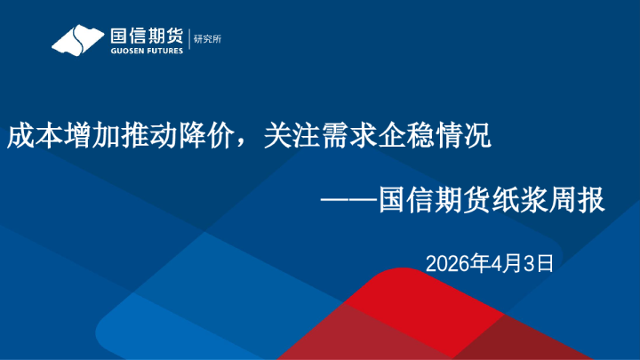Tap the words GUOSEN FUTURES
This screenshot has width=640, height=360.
pyautogui.click(x=147, y=51)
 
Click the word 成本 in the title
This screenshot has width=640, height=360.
pyautogui.click(x=28, y=137)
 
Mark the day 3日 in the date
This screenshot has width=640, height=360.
pyautogui.click(x=539, y=263)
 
